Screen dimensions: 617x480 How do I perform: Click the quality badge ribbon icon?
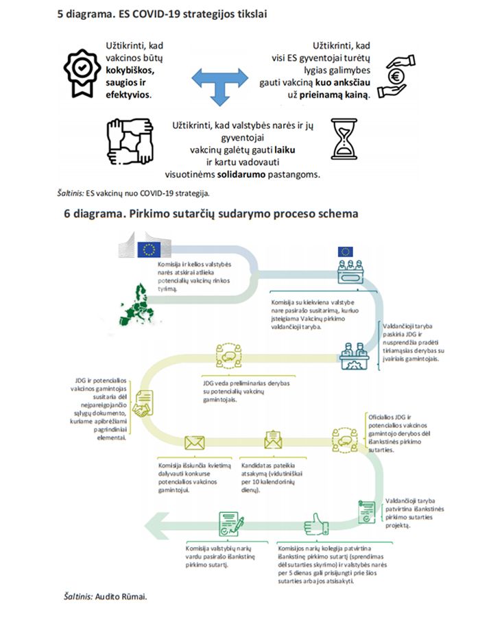coord(81,69)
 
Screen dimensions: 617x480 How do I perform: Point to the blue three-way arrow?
coord(219,80)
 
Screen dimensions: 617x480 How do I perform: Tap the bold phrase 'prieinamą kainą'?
coord(336,93)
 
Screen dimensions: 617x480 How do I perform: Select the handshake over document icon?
coord(142,406)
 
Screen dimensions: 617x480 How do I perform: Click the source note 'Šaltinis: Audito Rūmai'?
coord(101,595)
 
